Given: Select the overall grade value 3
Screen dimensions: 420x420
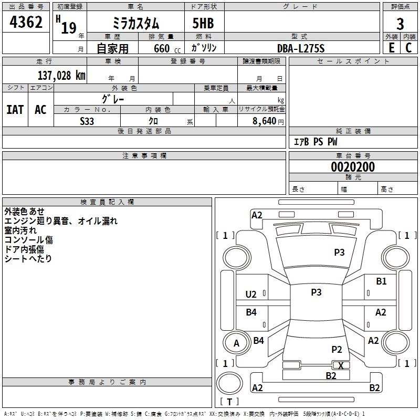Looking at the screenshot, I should (x=400, y=24).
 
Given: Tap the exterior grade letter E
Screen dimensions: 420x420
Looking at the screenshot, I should (x=391, y=47).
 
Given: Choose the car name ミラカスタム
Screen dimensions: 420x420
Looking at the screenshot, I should (x=136, y=24).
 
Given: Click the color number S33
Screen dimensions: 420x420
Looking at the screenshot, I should (x=87, y=121).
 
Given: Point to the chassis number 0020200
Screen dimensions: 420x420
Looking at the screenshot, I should (x=353, y=167).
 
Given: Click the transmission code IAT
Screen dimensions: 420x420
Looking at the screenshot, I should (x=15, y=110).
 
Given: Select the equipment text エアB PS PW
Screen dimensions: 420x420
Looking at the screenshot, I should (x=315, y=142).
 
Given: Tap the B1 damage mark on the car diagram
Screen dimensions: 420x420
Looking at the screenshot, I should (x=381, y=281).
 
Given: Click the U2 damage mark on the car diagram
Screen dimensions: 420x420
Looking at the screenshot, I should (x=251, y=294).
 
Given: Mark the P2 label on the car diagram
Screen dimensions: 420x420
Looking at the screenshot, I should (x=337, y=349).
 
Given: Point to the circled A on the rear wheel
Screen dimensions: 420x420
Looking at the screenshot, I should (x=236, y=343).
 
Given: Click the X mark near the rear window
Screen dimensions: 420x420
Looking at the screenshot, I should (x=341, y=365).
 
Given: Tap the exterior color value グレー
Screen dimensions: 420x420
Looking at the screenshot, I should (x=113, y=98).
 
